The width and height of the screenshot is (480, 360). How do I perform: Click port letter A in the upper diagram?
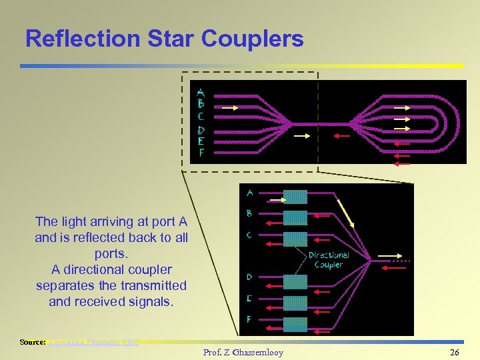pyautogui.click(x=201, y=93)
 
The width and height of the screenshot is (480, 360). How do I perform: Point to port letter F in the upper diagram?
pyautogui.click(x=201, y=153)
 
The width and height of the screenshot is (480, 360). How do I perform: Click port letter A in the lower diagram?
pyautogui.click(x=250, y=193)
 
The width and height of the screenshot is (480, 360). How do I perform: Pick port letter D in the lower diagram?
pyautogui.click(x=249, y=276)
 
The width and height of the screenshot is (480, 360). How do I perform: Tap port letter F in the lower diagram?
pyautogui.click(x=249, y=319)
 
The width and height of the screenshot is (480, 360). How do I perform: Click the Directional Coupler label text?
pyautogui.click(x=328, y=260)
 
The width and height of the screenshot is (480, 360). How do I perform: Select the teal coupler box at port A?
pyautogui.click(x=295, y=197)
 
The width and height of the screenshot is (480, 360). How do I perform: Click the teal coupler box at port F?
pyautogui.click(x=295, y=324)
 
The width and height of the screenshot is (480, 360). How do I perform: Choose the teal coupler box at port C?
pyautogui.click(x=295, y=239)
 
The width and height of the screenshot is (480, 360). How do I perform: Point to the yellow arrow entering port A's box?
pyautogui.click(x=275, y=199)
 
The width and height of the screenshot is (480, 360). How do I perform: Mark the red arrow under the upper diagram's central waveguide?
pyautogui.click(x=341, y=136)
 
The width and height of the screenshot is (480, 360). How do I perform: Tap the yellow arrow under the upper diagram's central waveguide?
pyautogui.click(x=302, y=136)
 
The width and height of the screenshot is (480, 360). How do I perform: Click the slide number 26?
pyautogui.click(x=454, y=352)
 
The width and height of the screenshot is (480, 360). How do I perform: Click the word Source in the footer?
pyautogui.click(x=32, y=342)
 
